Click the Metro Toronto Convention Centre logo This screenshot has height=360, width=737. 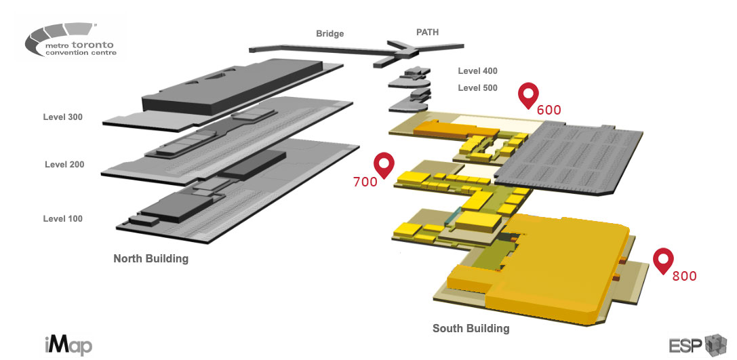pyautogui.click(x=71, y=42)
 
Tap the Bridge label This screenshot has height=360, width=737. pyautogui.click(x=330, y=33)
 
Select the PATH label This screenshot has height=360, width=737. pyautogui.click(x=427, y=31)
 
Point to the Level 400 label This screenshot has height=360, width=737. pyautogui.click(x=477, y=71)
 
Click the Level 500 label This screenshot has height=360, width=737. pyautogui.click(x=477, y=88)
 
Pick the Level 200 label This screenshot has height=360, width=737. pyautogui.click(x=64, y=165)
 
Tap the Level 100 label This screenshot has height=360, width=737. pyautogui.click(x=62, y=219)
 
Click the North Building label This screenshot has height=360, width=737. pyautogui.click(x=151, y=258)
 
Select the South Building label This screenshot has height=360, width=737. pyautogui.click(x=471, y=329)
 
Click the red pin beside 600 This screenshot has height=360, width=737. pyautogui.click(x=527, y=95)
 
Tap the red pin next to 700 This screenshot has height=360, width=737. pyautogui.click(x=384, y=165)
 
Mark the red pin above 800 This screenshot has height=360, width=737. pyautogui.click(x=662, y=260)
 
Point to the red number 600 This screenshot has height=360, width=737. pyautogui.click(x=549, y=109)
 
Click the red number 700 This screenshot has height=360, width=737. pyautogui.click(x=365, y=182)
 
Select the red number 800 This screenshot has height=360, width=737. pyautogui.click(x=684, y=276)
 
